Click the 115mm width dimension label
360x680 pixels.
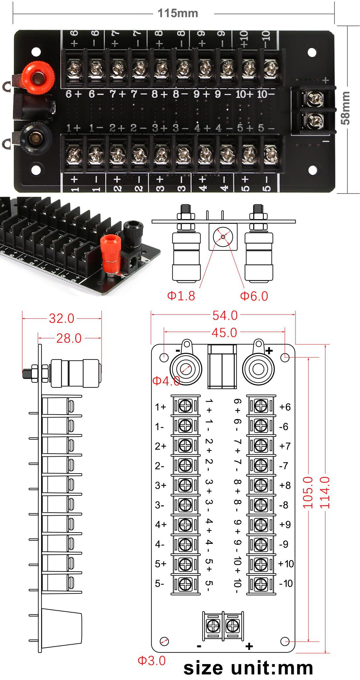point(178,13)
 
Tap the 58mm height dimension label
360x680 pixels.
point(345,108)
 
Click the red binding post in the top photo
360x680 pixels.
point(37,76)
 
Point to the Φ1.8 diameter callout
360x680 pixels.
point(181,296)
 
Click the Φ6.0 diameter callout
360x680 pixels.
point(254,296)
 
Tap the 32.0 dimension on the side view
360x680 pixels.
point(62,318)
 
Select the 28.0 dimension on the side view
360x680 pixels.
point(69,338)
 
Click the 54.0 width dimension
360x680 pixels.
point(225,315)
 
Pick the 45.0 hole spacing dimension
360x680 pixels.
point(224,333)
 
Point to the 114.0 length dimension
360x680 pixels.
point(325,492)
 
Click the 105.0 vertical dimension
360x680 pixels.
point(308,492)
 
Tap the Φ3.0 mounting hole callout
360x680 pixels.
point(151,661)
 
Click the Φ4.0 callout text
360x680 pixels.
point(166,381)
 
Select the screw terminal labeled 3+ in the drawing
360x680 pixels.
point(185,485)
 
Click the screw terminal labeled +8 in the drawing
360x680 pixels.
point(261,485)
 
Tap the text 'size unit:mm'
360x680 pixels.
point(248,668)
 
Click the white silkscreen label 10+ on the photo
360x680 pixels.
point(244,94)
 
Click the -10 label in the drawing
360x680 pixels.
point(286,583)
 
